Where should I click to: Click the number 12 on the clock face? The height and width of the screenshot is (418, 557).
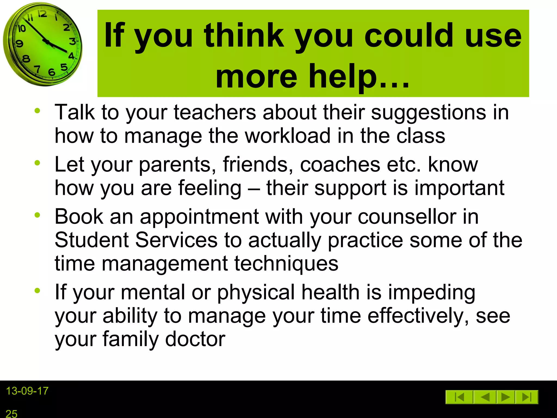point(42,14)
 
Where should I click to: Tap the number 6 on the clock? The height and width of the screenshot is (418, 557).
point(51,72)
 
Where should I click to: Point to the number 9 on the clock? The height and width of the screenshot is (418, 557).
point(19,44)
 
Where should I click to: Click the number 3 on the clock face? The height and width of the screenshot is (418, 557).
point(72,41)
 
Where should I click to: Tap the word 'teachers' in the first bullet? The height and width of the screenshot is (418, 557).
point(215,112)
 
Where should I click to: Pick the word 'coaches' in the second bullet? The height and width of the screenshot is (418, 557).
point(340,165)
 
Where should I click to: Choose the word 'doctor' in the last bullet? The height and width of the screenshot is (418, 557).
point(195,339)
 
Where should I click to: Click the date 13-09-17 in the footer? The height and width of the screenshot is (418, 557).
point(27,391)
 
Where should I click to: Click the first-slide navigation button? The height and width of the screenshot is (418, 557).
point(459,397)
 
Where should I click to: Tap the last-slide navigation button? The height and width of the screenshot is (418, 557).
point(527,397)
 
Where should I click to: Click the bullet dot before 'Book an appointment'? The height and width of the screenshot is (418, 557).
point(37,215)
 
